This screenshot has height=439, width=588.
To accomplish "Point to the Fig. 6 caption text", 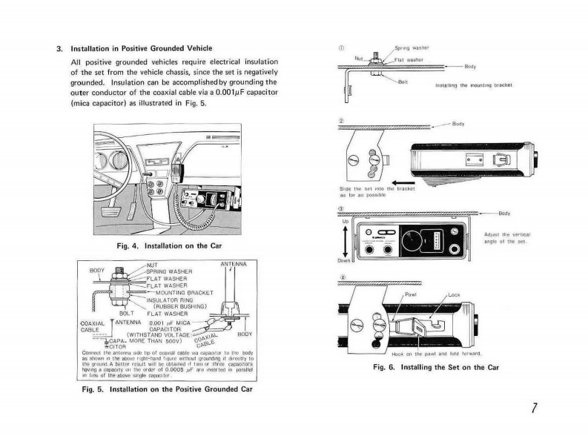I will pos(436,367).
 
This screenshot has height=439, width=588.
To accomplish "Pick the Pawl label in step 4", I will pos(411,294).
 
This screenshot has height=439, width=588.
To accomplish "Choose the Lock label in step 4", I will pos(454,294).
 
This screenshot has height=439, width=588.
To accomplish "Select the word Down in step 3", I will pos(345,260).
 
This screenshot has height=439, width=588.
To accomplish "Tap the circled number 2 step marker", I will pos(342,120).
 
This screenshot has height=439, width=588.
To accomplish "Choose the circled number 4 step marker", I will pos(342,279).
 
